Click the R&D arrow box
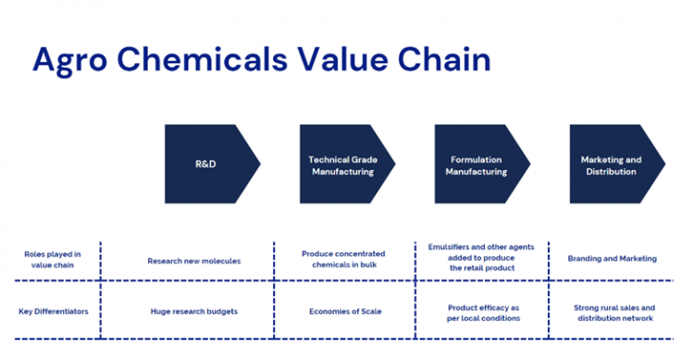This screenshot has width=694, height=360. pyautogui.click(x=209, y=164)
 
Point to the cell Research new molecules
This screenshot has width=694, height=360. pyautogui.click(x=193, y=261)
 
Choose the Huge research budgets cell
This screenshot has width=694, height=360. pyautogui.click(x=193, y=311)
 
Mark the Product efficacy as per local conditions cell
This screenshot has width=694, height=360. pyautogui.click(x=483, y=312)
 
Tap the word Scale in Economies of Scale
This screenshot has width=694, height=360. pyautogui.click(x=366, y=311)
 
